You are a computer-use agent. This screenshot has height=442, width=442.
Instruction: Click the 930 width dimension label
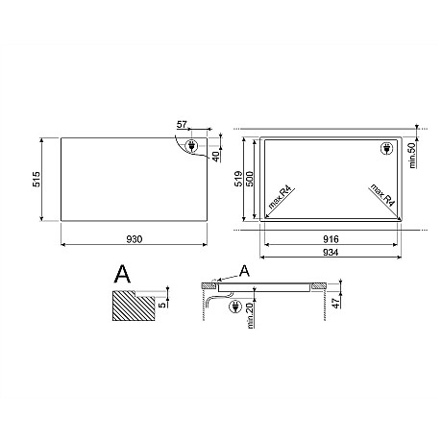pyautogui.click(x=135, y=239)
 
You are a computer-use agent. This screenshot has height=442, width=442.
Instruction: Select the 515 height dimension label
pyautogui.click(x=37, y=179)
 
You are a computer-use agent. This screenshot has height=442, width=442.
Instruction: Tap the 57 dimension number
pyautogui.click(x=182, y=124)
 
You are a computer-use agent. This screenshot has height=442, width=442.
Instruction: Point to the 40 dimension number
pyautogui.click(x=216, y=157)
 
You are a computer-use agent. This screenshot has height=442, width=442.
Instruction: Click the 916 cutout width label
pyautogui.click(x=331, y=239)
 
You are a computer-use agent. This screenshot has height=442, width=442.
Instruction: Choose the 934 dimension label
pyautogui.click(x=331, y=253)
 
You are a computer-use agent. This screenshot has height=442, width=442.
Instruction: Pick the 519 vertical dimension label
pyautogui.click(x=239, y=179)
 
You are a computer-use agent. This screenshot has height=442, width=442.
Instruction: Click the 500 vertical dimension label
pyautogui.click(x=250, y=179)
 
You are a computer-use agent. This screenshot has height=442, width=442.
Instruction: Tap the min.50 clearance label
pyautogui.click(x=412, y=156)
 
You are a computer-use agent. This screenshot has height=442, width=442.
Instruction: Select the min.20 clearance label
pyautogui.click(x=250, y=316)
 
